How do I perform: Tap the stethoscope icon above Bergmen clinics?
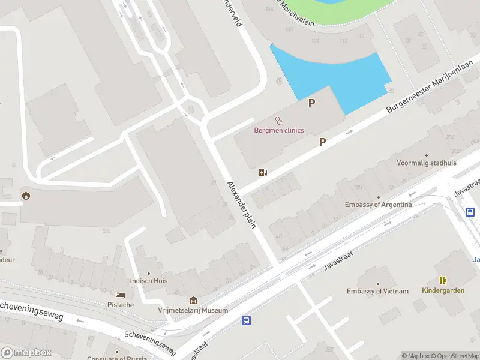[278, 121]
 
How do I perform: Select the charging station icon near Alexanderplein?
[263, 173]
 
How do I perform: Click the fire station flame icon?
[26, 194]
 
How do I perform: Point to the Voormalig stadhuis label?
[427, 163]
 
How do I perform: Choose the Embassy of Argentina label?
[378, 205]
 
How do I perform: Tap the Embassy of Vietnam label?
[377, 291]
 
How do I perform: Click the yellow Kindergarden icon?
[443, 280]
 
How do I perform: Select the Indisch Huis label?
[149, 280]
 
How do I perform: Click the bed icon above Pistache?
[121, 295]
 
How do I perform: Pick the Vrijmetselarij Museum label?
[193, 310]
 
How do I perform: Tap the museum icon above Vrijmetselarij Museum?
[193, 300]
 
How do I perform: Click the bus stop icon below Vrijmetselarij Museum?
[246, 321]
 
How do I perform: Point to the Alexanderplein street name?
[242, 204]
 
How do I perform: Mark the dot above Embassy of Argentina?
[378, 196]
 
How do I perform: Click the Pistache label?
[121, 305]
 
